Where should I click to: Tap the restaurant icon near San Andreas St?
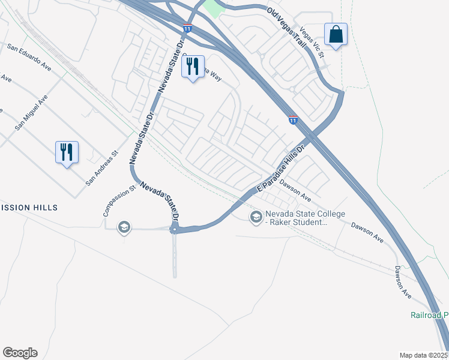tap(66, 152)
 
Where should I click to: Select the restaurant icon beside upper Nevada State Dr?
tap(193, 67)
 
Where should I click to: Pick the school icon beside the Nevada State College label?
tap(256, 216)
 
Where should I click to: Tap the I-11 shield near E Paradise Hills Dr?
tap(293, 120)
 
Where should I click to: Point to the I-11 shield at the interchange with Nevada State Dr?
tap(188, 28)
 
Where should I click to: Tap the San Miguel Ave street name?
tap(31, 113)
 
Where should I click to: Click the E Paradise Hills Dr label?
tap(281, 168)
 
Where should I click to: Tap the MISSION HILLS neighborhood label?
tap(29, 208)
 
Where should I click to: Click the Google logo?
tap(20, 353)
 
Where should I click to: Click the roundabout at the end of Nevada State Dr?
tap(175, 229)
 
